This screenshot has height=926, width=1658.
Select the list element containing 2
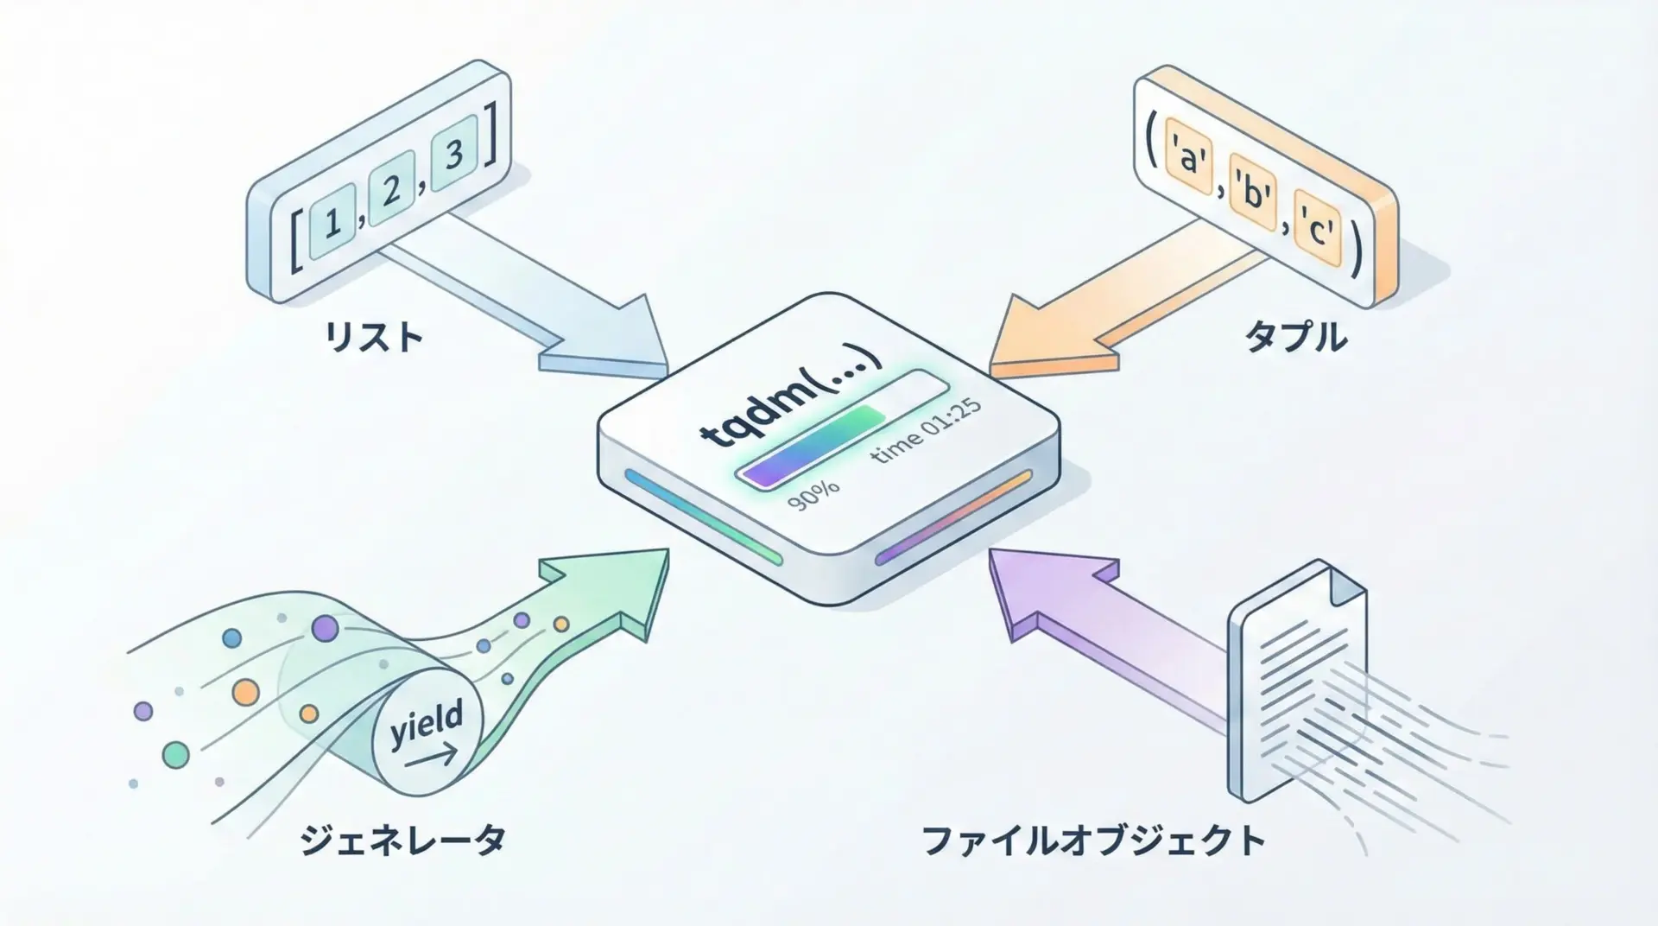point(392,189)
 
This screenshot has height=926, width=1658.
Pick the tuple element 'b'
point(1251,195)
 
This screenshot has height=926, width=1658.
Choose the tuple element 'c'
point(1317,231)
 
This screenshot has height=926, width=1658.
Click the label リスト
point(373,337)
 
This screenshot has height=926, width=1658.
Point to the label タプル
point(1295,337)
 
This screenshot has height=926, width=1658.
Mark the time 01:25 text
point(924,433)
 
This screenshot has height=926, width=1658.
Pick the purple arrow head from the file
point(1036,587)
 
